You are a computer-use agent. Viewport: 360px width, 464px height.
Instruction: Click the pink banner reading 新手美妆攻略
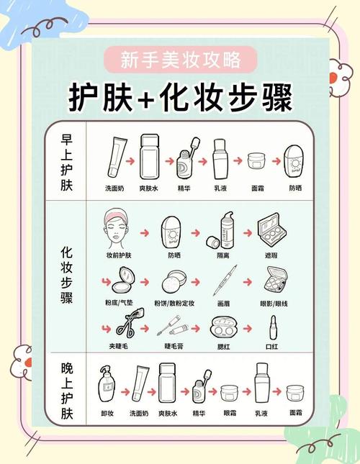(x=179, y=58)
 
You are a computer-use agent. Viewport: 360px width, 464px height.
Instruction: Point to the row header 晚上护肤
(x=66, y=393)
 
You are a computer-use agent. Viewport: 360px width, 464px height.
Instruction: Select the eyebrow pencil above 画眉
(x=223, y=281)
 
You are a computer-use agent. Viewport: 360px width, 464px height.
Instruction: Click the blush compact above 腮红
(x=223, y=329)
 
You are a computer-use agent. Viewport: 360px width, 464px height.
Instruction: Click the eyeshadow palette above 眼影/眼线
(x=274, y=280)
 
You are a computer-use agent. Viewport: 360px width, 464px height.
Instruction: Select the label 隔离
(x=224, y=255)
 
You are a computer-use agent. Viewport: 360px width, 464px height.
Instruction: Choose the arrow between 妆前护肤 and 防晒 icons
(x=144, y=234)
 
